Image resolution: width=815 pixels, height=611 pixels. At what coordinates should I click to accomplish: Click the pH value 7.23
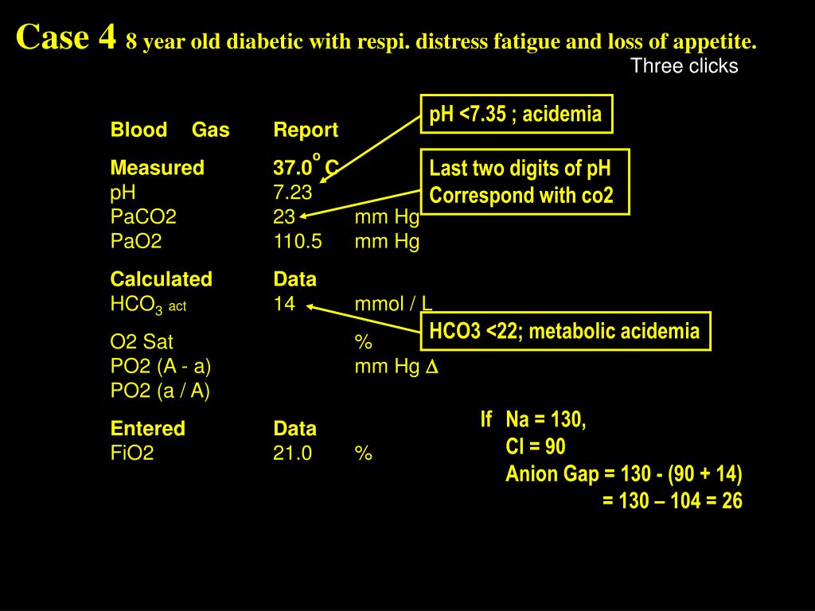(x=293, y=192)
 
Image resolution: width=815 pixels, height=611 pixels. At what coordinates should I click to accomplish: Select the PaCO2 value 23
(x=284, y=216)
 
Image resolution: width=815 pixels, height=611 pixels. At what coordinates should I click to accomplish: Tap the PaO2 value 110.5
(x=298, y=241)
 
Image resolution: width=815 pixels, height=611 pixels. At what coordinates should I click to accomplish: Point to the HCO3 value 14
(x=284, y=303)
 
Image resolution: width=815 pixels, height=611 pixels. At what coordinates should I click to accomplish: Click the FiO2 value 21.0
(x=293, y=453)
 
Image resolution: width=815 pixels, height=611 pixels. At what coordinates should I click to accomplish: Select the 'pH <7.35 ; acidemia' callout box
(x=516, y=115)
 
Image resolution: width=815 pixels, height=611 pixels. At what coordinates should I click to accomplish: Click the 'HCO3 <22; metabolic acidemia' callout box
(x=565, y=331)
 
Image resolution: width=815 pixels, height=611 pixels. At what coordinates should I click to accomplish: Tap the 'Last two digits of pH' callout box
(x=524, y=181)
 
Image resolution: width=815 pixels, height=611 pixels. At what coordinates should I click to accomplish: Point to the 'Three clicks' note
(x=684, y=66)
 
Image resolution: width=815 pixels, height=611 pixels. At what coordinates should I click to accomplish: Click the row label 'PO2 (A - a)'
(x=161, y=367)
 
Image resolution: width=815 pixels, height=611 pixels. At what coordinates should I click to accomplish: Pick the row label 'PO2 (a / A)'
(x=160, y=391)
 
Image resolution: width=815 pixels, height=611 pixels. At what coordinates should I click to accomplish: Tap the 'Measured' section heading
(x=157, y=168)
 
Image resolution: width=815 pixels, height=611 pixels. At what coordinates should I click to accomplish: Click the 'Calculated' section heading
(x=161, y=279)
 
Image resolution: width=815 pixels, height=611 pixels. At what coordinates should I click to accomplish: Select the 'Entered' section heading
(x=147, y=428)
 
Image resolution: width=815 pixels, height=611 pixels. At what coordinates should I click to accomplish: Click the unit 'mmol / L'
(x=394, y=303)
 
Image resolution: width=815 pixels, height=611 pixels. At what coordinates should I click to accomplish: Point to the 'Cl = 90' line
(x=536, y=446)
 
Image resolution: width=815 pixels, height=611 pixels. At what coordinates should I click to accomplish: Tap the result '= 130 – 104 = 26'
(x=673, y=501)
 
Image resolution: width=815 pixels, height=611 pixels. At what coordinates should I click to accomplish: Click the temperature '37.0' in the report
(x=292, y=168)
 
